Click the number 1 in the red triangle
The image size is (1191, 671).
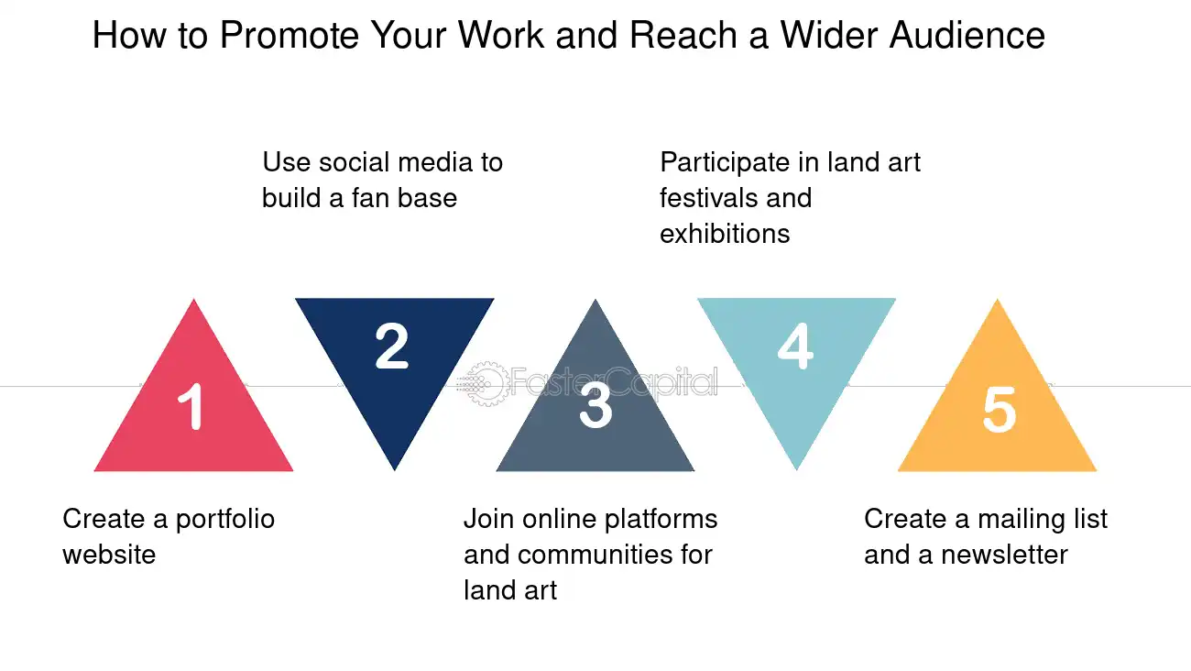click(x=191, y=406)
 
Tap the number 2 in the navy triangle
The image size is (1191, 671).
click(x=392, y=346)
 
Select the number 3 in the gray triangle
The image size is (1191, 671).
click(x=595, y=405)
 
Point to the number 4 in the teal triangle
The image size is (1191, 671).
click(x=795, y=346)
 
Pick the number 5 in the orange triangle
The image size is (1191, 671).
click(x=999, y=409)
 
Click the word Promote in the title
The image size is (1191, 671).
click(x=290, y=35)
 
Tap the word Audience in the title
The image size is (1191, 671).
click(x=967, y=35)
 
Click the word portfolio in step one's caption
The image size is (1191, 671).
click(x=224, y=520)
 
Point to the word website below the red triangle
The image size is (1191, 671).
click(x=109, y=555)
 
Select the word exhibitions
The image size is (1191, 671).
click(x=725, y=234)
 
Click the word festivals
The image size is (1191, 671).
click(x=707, y=198)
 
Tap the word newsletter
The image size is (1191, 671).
click(x=1004, y=555)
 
